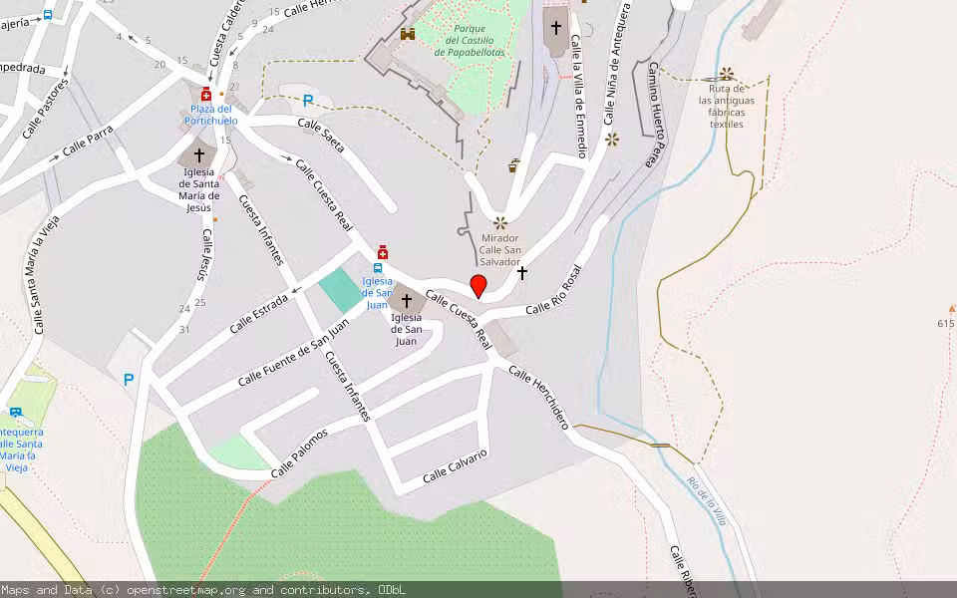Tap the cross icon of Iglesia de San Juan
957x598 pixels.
tap(406, 300)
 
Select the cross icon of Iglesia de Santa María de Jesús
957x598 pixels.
tap(199, 155)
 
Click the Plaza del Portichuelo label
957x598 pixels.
tap(211, 115)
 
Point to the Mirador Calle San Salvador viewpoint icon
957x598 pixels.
tap(500, 223)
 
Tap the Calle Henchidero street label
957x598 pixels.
tap(538, 398)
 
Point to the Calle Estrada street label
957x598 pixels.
tap(258, 312)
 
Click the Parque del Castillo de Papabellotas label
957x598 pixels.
tap(470, 41)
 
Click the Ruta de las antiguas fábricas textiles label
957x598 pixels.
tap(727, 107)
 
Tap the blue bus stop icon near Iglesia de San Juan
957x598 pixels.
tap(378, 267)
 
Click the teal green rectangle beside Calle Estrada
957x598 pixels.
tap(342, 289)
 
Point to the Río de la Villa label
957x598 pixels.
tap(707, 498)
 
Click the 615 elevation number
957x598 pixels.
tap(946, 323)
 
